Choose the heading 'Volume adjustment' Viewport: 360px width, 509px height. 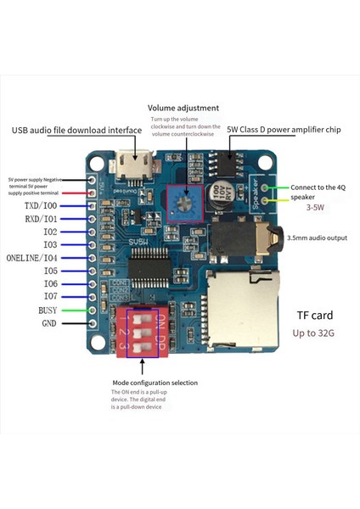[x=183, y=109]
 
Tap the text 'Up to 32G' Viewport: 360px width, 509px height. [x=314, y=333]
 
